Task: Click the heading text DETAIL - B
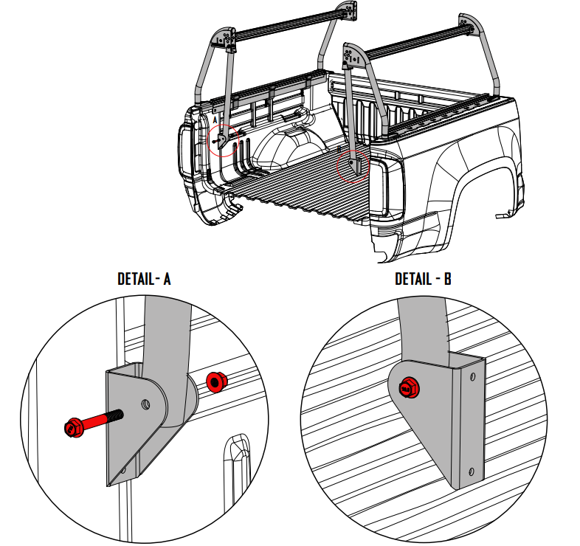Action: click(x=424, y=279)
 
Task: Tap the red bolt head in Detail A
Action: click(x=73, y=426)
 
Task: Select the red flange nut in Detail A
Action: click(x=216, y=382)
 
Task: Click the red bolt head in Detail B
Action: click(x=407, y=387)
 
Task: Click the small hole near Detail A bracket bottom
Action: click(x=123, y=470)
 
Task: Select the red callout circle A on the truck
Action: click(x=224, y=140)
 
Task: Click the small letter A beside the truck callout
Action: click(x=215, y=119)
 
